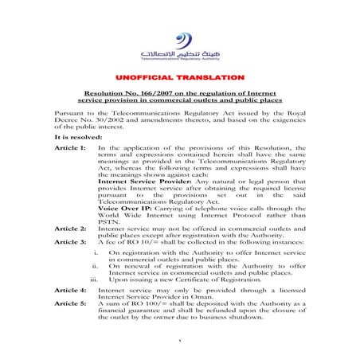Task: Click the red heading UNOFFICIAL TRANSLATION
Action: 179,76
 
